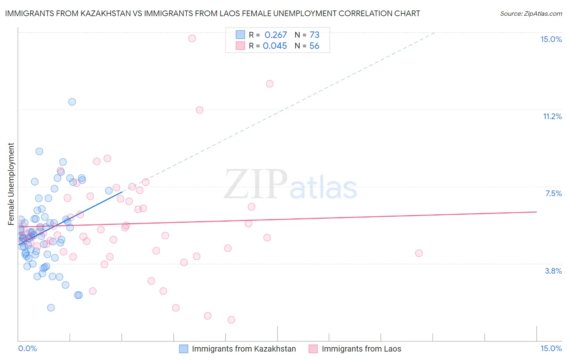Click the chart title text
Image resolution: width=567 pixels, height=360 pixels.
(212, 14)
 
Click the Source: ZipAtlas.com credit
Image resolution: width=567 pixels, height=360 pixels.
(531, 14)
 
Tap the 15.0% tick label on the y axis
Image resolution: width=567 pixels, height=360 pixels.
(551, 39)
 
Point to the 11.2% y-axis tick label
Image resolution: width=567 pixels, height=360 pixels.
(552, 116)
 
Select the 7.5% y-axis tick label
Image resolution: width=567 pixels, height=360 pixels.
(553, 193)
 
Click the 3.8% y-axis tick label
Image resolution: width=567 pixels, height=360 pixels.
(553, 271)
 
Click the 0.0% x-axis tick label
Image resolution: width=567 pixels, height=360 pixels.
(27, 348)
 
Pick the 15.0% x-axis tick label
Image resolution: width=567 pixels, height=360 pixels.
(551, 348)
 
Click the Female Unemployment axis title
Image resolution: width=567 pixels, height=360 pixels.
(11, 184)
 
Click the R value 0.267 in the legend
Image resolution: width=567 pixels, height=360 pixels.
(275, 35)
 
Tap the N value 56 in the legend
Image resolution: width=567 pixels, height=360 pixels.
(314, 46)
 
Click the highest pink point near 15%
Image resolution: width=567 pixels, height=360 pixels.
(192, 38)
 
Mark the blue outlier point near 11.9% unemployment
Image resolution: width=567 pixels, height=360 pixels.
(72, 102)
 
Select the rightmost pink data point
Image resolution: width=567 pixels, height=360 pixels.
(419, 253)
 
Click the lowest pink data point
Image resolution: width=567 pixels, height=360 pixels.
(231, 320)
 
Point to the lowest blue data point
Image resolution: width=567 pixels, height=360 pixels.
(51, 308)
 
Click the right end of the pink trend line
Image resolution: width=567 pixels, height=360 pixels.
(536, 211)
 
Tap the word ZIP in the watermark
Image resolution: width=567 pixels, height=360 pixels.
(255, 185)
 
